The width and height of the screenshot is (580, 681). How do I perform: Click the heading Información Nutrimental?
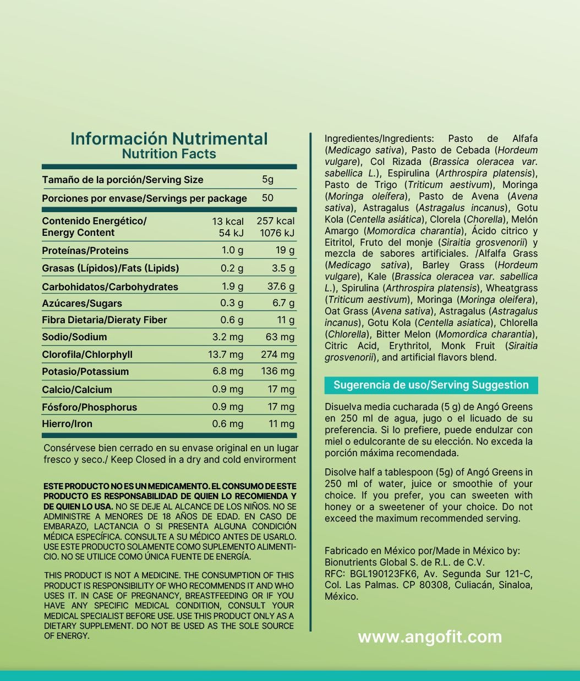pyautogui.click(x=169, y=139)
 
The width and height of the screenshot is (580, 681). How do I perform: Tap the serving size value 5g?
pyautogui.click(x=268, y=179)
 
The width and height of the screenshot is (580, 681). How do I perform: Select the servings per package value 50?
pyautogui.click(x=268, y=198)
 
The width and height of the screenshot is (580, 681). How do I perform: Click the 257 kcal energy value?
pyautogui.click(x=276, y=221)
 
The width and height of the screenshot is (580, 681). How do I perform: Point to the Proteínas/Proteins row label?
pyautogui.click(x=85, y=251)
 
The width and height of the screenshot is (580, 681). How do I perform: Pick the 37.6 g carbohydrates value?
pyautogui.click(x=281, y=286)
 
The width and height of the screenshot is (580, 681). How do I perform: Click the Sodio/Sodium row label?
pyautogui.click(x=74, y=337)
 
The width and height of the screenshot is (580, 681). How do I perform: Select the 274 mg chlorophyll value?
pyautogui.click(x=277, y=355)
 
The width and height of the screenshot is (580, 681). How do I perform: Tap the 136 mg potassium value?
pyautogui.click(x=277, y=371)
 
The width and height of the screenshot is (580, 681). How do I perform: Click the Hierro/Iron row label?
pyautogui.click(x=67, y=424)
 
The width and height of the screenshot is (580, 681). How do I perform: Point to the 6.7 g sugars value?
pyautogui.click(x=283, y=303)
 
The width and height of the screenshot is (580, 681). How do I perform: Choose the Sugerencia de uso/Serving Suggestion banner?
pyautogui.click(x=431, y=385)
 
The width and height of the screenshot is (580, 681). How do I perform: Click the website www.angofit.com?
pyautogui.click(x=430, y=637)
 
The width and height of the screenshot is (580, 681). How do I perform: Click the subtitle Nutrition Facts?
pyautogui.click(x=169, y=154)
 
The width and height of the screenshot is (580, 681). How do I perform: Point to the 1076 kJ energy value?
pyautogui.click(x=277, y=233)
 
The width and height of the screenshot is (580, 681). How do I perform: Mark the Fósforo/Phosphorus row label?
pyautogui.click(x=90, y=407)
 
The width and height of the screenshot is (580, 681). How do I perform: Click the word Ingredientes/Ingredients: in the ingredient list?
pyautogui.click(x=379, y=139)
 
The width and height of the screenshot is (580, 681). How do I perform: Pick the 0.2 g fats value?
pyautogui.click(x=232, y=268)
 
